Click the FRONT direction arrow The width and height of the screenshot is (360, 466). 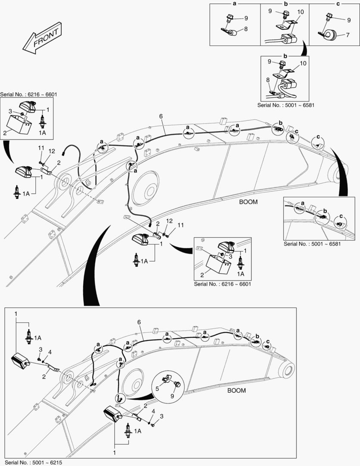[x=42, y=39]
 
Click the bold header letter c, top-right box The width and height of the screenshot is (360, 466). [x=338, y=4]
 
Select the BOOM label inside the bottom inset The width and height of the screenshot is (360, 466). [x=236, y=390]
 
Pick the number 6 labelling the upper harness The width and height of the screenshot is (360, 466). [x=160, y=116]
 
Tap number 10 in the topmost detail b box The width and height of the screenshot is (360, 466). [x=300, y=12]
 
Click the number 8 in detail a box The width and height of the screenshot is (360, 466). [x=246, y=29]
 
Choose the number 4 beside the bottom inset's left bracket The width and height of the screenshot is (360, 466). [x=50, y=353]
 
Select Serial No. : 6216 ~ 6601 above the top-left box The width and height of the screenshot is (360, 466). [x=28, y=94]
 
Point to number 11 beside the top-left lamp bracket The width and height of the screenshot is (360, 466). [x=41, y=148]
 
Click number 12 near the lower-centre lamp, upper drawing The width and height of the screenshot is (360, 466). [x=169, y=221]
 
